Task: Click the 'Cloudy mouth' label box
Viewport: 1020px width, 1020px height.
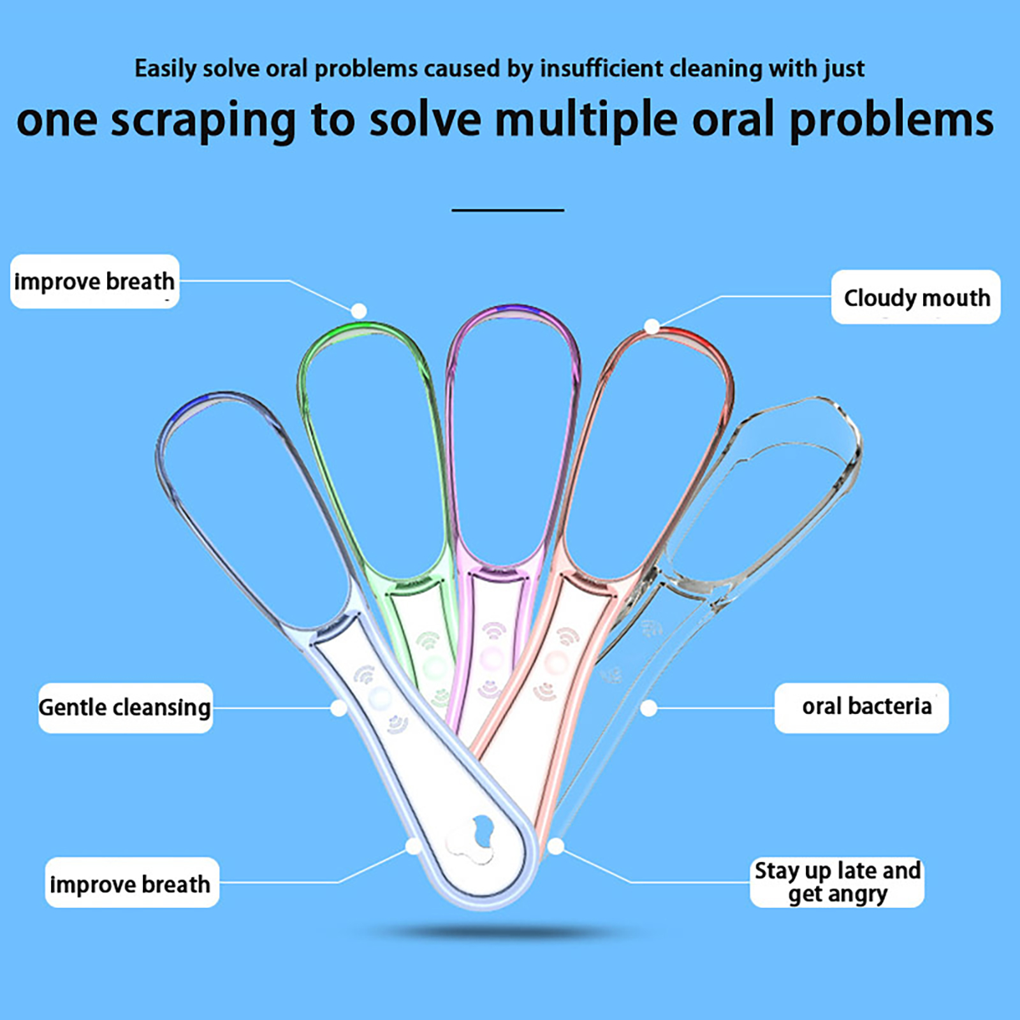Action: [x=915, y=297]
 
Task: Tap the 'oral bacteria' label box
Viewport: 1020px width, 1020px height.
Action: [x=861, y=708]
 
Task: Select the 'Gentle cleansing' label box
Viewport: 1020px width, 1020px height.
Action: [x=126, y=708]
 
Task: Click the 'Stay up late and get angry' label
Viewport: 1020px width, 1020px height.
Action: [x=837, y=882]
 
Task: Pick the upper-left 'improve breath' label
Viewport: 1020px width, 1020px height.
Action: [x=94, y=281]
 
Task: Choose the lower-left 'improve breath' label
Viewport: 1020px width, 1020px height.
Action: [x=131, y=883]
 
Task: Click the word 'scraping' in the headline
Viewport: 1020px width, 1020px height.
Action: [x=203, y=120]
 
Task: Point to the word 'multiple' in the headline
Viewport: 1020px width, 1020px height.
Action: [x=586, y=120]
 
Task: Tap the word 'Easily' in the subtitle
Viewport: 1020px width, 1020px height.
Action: [x=165, y=69]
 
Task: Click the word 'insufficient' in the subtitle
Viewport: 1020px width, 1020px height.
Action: [x=601, y=68]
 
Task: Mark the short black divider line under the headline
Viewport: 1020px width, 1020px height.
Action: [x=507, y=210]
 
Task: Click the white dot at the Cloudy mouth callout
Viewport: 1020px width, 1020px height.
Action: [x=652, y=326]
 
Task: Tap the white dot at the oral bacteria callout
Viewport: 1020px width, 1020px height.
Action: [x=648, y=708]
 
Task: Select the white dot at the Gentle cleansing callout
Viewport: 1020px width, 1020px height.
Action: [x=339, y=708]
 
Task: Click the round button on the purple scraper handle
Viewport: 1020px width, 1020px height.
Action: [x=491, y=657]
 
